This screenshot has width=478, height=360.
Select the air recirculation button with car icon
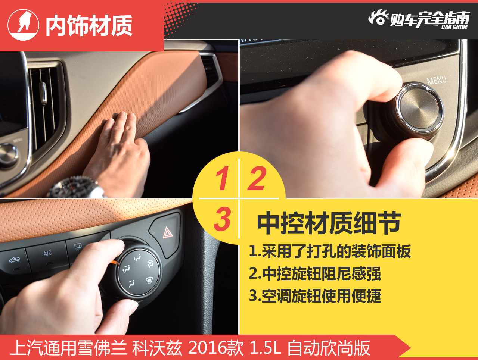coord(14,261)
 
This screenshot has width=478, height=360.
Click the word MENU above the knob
coord(437,80)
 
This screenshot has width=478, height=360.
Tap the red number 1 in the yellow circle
coord(222,178)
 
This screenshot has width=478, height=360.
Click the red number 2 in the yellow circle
coord(257,178)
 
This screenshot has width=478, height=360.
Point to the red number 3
coord(222,219)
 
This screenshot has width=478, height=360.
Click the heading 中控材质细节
coord(329,223)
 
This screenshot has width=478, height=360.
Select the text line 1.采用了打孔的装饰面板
coord(330,251)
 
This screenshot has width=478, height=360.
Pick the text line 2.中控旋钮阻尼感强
coord(315,274)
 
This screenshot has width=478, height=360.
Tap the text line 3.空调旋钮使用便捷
coord(315,296)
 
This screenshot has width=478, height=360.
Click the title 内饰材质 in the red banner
coord(89,25)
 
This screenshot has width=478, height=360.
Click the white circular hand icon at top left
coord(23,25)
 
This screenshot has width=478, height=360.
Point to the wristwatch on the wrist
coord(74,187)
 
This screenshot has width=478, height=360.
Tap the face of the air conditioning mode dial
coord(138,272)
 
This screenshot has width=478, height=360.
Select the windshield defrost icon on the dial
coord(149,280)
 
